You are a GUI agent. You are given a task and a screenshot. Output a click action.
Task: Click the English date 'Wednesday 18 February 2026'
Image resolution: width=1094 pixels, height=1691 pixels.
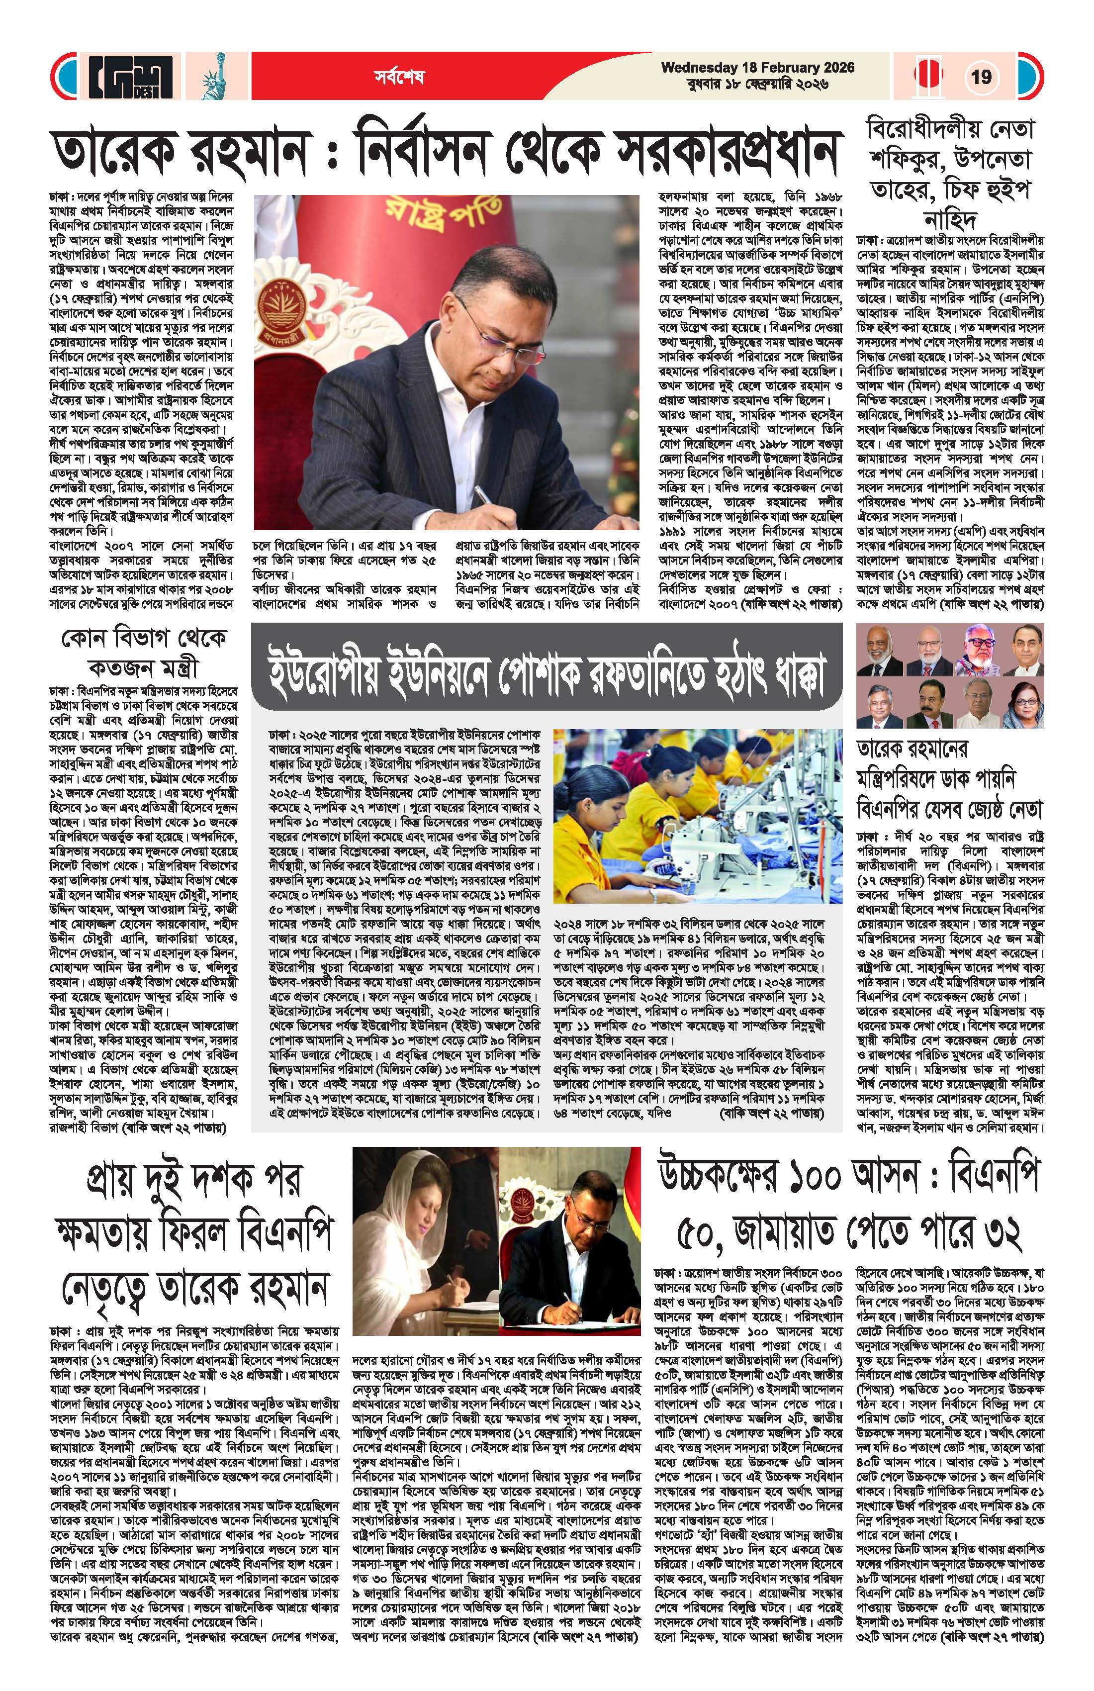pos(757,68)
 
